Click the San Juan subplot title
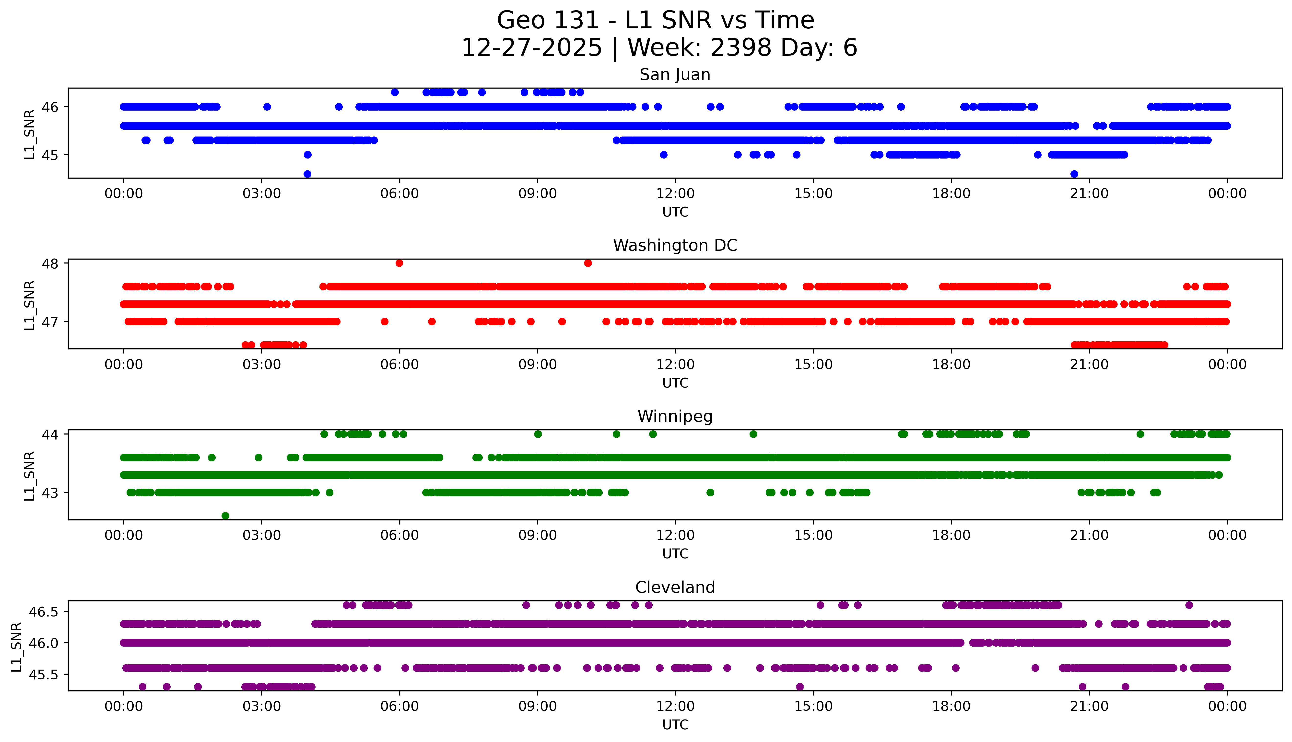675,75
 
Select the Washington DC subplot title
675,246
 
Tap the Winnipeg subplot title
675,416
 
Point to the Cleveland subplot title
675,588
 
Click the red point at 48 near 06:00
399,263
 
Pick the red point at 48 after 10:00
588,263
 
